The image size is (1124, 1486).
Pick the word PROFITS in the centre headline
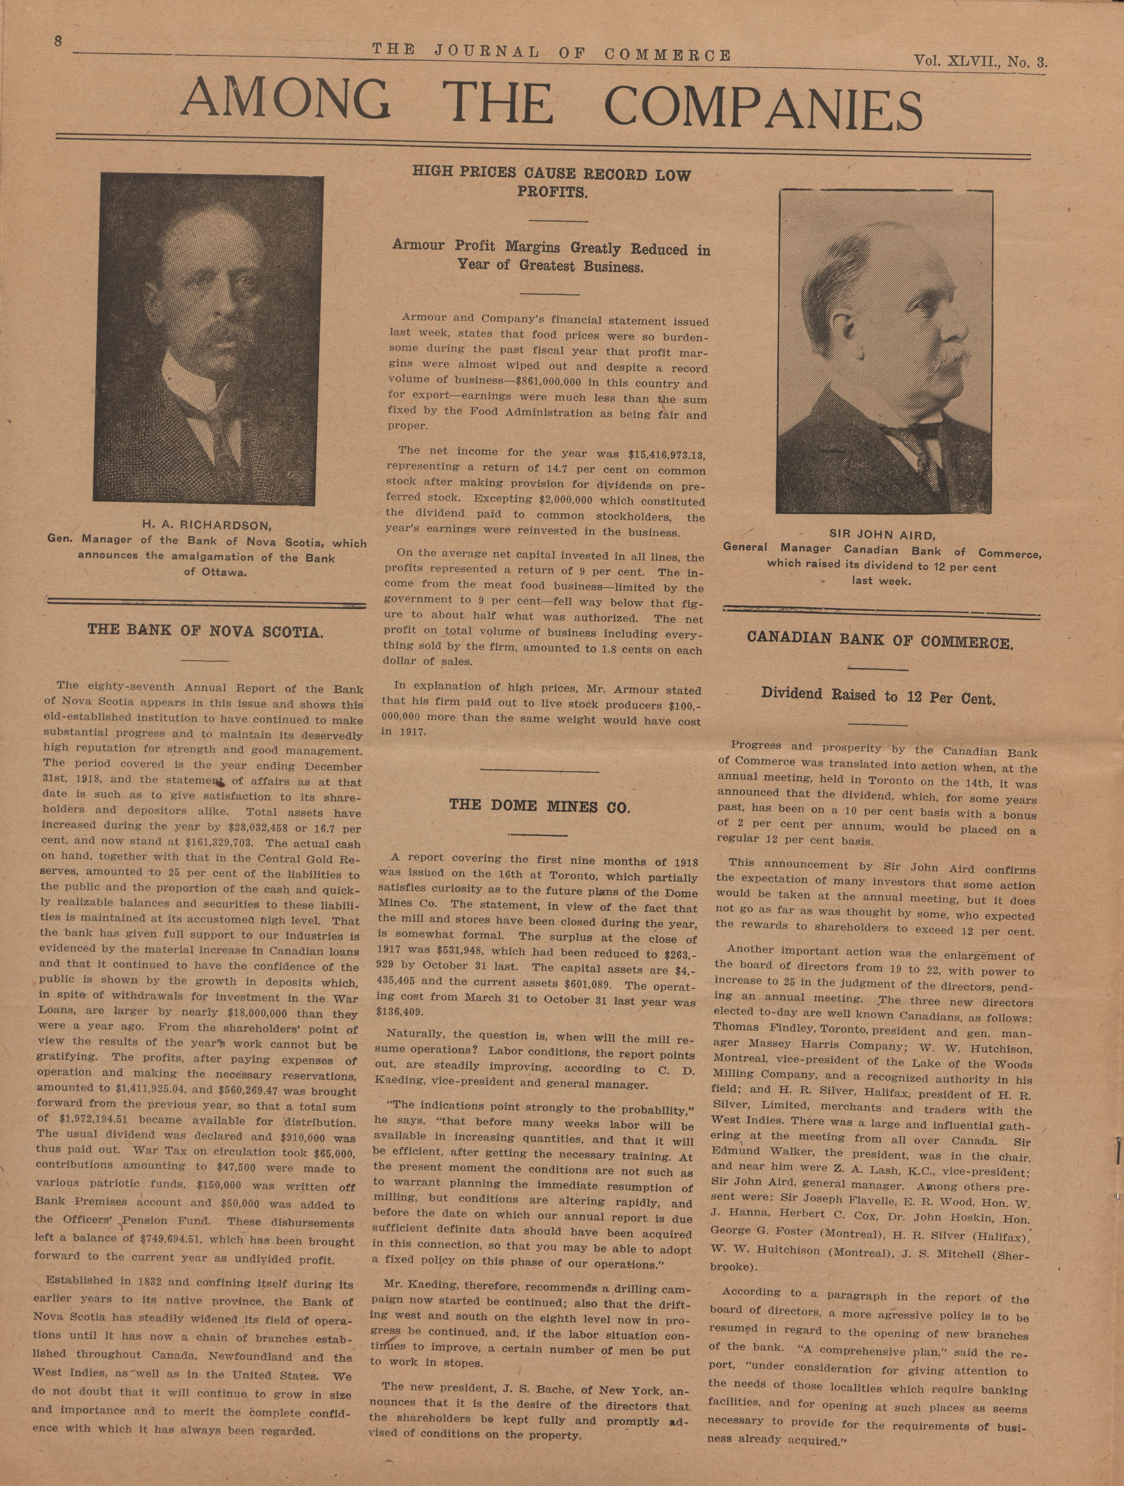551,192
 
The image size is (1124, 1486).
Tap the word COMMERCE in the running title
668,55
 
